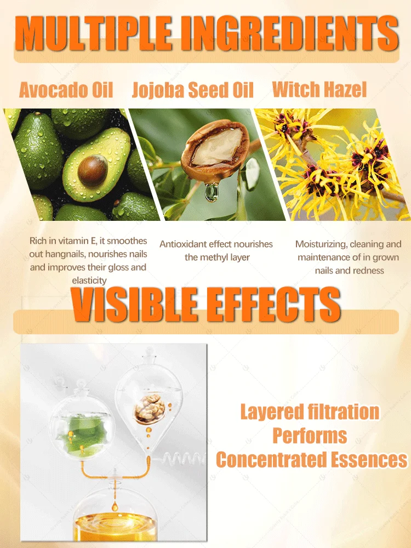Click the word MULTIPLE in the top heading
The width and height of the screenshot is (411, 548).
pos(93,33)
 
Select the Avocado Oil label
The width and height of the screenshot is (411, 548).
pos(66,90)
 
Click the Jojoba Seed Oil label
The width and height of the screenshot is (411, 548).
pos(192,90)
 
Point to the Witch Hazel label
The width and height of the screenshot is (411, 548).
pos(319,89)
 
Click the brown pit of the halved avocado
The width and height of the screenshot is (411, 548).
pos(93,170)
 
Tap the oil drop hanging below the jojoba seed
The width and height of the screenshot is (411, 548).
pos(212,192)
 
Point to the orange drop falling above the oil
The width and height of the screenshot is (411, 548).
pos(115,505)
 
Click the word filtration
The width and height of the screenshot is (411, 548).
pos(344,412)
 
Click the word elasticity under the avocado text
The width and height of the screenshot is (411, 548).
pos(89,280)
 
